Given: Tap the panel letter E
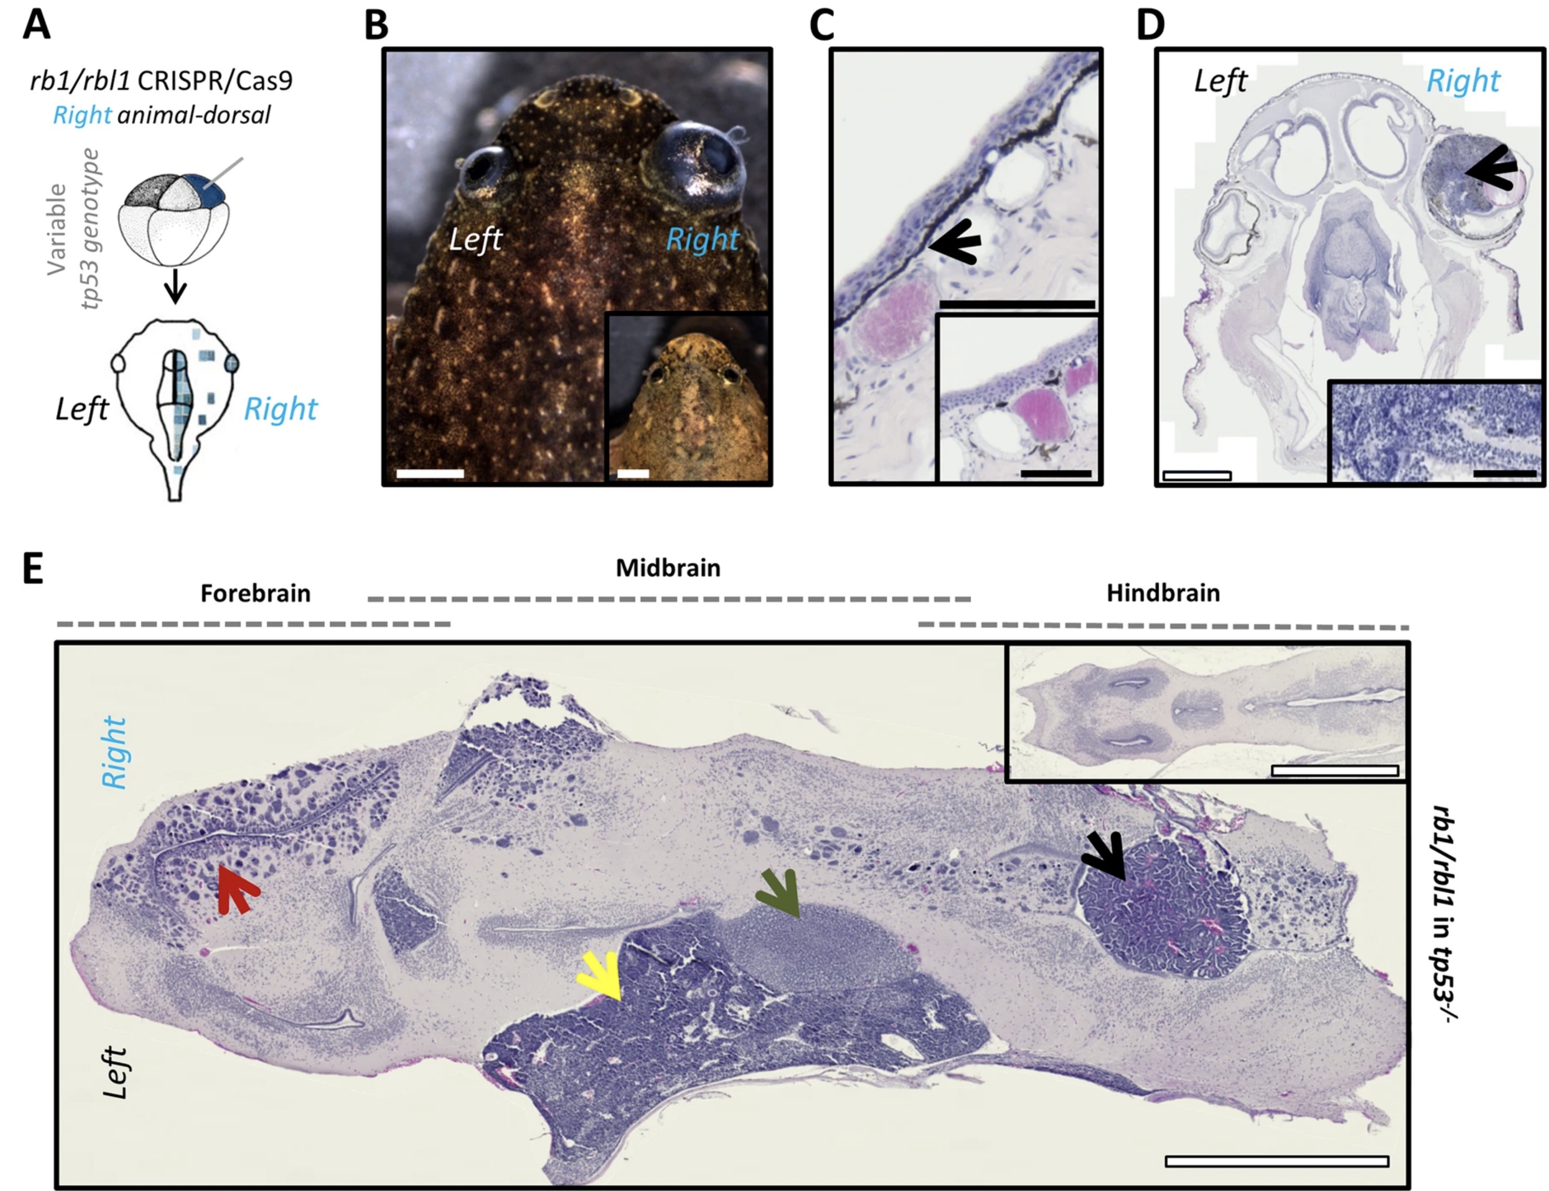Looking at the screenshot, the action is [x=34, y=568].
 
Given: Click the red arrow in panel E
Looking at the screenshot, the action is [x=236, y=890].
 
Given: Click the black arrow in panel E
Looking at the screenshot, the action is [x=1104, y=856].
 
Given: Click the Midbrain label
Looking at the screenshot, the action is [x=668, y=568].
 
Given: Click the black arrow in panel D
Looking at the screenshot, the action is [x=1492, y=171].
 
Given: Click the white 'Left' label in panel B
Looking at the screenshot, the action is [x=476, y=240].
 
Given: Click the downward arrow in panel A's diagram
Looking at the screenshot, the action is [x=175, y=287].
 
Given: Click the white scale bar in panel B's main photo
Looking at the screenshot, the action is [x=429, y=474].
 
